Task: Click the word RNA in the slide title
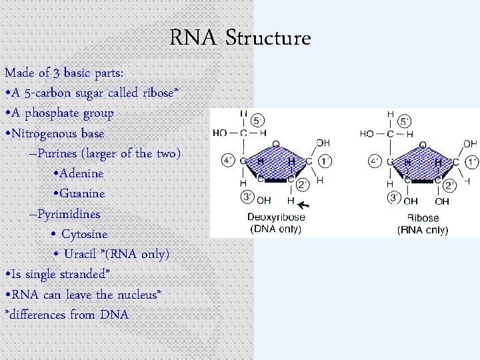(193, 38)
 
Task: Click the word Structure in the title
(268, 38)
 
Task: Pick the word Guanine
(82, 193)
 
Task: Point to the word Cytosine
(84, 234)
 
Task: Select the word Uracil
(80, 254)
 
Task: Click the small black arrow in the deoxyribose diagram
(305, 204)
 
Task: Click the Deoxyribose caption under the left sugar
(277, 217)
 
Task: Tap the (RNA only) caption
(423, 230)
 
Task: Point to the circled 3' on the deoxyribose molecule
(246, 197)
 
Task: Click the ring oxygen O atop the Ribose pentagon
(423, 144)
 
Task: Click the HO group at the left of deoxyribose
(221, 133)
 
